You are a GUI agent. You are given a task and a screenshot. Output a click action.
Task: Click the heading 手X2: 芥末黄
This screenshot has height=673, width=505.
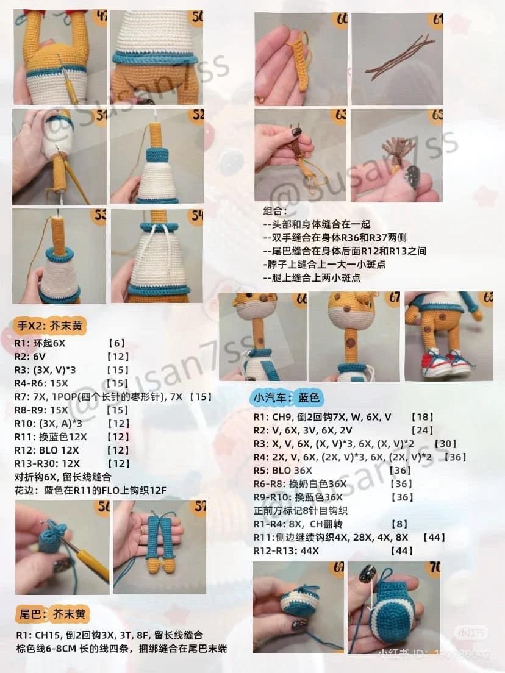point(50,326)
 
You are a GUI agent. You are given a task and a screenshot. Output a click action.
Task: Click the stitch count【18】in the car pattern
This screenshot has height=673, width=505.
point(422,417)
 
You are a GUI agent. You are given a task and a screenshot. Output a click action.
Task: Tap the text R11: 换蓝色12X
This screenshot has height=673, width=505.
point(51,437)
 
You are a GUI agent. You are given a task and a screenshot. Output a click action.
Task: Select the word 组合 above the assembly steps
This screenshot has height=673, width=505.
point(273,211)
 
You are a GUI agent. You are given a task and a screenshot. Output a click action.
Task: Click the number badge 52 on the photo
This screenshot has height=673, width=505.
point(198,114)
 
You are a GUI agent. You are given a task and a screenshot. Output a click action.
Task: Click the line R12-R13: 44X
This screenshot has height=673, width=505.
point(286,550)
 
